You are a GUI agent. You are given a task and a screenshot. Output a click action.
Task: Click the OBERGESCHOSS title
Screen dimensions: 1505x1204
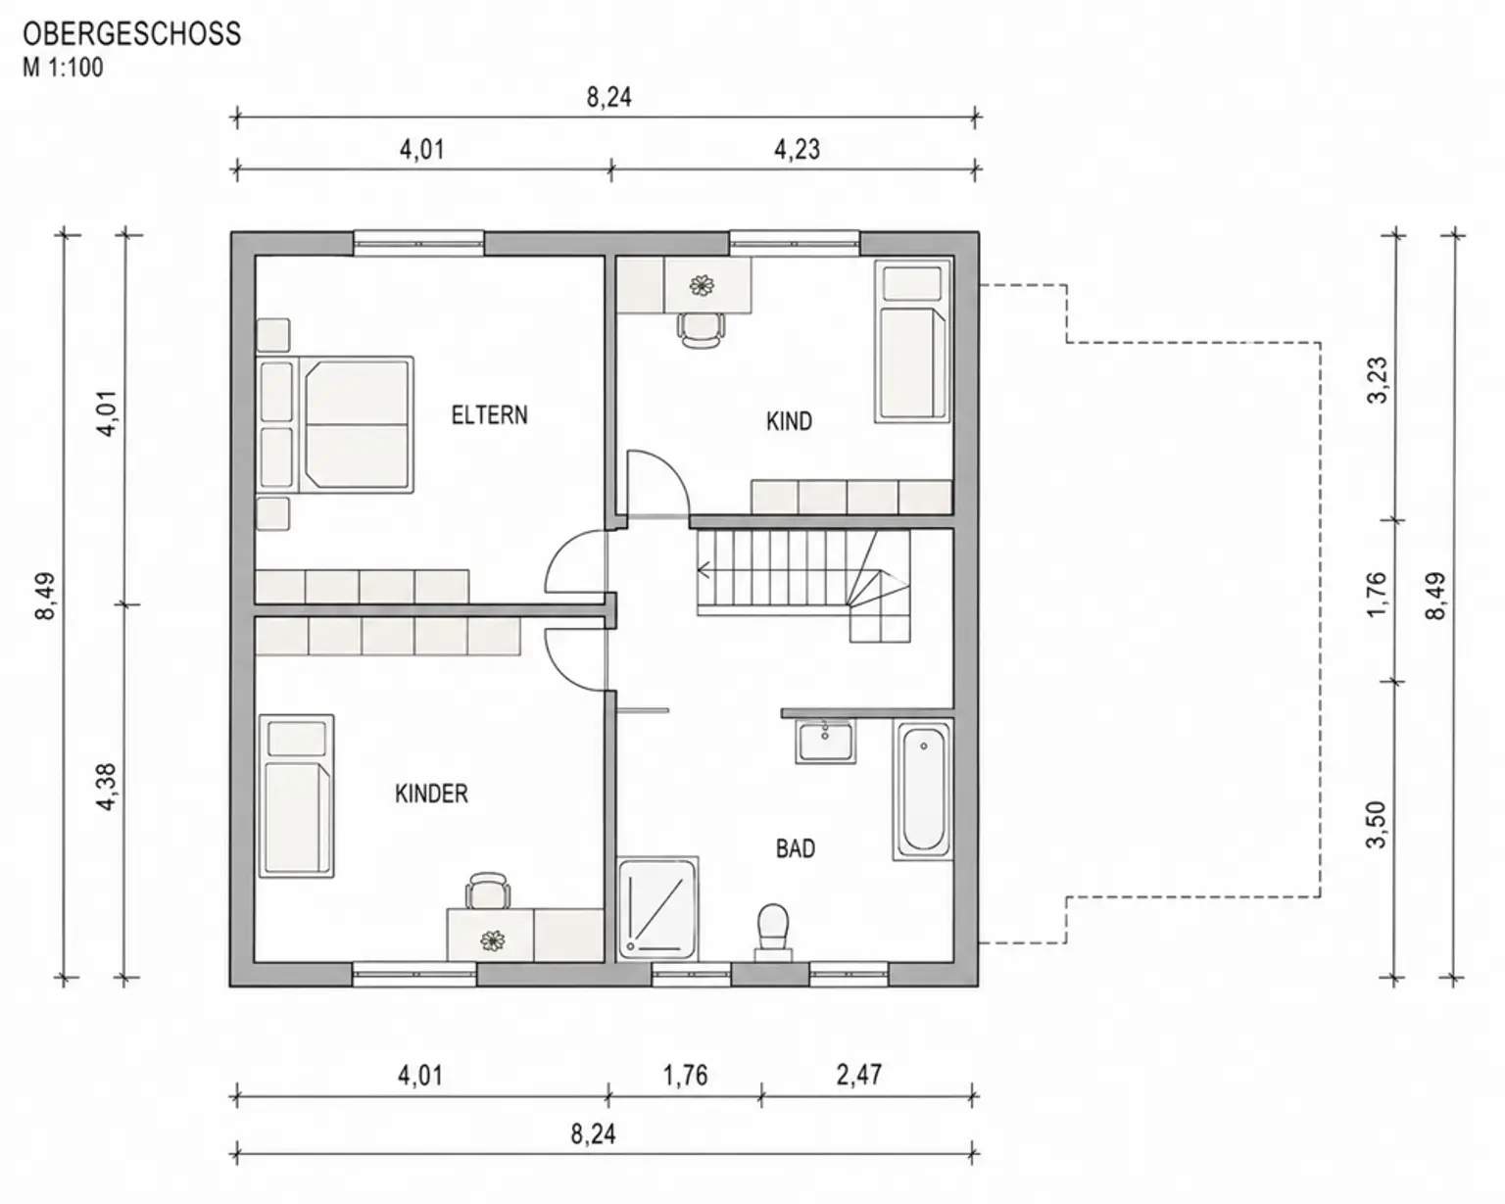[x=132, y=33]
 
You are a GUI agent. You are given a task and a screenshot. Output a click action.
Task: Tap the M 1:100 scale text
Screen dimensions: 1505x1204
[x=63, y=68]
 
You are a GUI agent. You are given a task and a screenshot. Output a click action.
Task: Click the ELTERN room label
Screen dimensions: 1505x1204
[x=490, y=415]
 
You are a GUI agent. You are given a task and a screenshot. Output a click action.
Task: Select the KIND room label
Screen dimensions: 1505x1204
[x=790, y=421]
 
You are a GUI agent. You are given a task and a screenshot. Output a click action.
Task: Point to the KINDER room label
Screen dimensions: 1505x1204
[x=431, y=794]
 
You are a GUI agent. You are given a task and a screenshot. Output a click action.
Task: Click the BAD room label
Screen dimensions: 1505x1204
[x=796, y=848]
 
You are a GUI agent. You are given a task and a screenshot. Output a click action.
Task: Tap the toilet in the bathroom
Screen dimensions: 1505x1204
[x=773, y=933]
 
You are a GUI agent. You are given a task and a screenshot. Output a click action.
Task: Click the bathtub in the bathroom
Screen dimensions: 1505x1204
[x=923, y=790]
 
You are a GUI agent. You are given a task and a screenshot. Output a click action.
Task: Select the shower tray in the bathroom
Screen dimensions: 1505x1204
[x=657, y=908]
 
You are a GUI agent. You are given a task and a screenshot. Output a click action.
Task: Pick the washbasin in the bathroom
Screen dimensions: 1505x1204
[x=825, y=742]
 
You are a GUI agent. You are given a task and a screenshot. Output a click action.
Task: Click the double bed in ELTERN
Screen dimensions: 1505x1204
[x=336, y=424]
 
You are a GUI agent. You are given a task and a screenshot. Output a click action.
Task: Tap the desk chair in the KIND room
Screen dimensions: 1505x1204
[x=700, y=329]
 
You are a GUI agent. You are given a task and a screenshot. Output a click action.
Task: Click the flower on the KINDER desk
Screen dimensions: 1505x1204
[x=493, y=941]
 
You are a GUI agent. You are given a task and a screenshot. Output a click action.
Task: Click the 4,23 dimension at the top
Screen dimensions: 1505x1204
[x=798, y=150]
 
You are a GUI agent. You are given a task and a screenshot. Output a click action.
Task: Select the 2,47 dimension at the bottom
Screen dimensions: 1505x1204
[x=859, y=1074]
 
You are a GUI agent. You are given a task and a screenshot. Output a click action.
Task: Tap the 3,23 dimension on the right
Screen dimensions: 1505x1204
[x=1377, y=380]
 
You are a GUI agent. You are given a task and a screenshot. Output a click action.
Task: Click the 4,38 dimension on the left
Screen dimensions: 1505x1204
[x=107, y=788]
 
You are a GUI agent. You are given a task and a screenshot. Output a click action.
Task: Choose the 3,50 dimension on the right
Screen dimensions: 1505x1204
[x=1377, y=826]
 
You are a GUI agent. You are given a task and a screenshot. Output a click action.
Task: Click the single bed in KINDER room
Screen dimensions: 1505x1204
[x=296, y=795]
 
